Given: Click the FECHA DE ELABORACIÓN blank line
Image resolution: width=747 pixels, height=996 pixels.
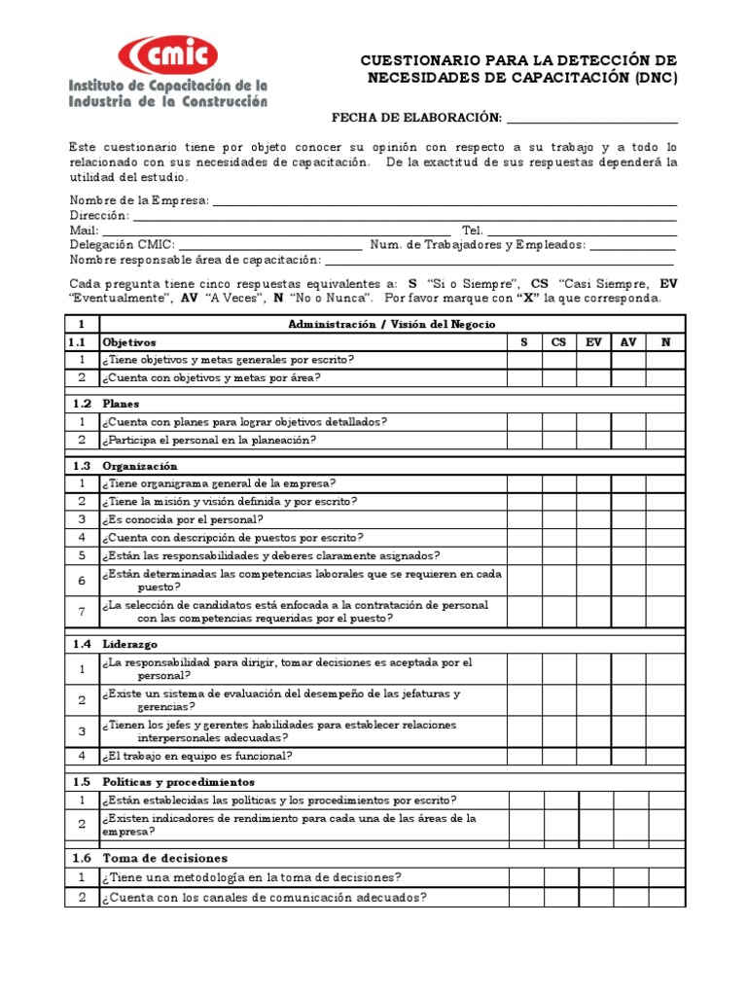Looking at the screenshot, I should [x=591, y=119].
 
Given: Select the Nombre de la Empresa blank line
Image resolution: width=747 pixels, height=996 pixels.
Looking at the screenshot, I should [x=444, y=200].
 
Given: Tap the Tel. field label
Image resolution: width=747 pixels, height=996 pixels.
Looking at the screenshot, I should [x=473, y=231].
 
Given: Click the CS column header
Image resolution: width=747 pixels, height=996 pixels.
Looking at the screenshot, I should [x=559, y=342].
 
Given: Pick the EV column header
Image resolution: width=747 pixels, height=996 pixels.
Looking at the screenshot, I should [x=593, y=342].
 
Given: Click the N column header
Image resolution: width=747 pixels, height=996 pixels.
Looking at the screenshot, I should [x=665, y=342].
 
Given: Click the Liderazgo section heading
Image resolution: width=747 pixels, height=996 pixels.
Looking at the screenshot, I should [x=129, y=644].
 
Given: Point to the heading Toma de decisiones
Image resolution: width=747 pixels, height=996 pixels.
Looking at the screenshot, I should [x=164, y=858].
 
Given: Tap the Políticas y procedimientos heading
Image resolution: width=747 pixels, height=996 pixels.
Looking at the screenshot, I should [x=178, y=782].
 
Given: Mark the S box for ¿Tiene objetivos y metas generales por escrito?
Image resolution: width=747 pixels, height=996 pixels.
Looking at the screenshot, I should [x=524, y=360].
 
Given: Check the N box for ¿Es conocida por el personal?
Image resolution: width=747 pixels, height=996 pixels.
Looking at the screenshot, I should [x=665, y=519].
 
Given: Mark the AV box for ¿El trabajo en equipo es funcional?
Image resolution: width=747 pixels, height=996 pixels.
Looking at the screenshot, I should [x=628, y=756].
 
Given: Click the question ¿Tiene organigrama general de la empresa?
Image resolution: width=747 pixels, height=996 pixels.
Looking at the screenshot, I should [x=220, y=483].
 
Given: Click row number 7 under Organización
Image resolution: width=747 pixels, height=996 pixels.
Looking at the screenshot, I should [x=83, y=612].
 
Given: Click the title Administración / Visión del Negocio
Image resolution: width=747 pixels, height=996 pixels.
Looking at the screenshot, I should [x=392, y=324].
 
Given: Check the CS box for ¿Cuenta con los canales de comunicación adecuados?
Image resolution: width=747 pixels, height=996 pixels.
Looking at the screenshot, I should [x=559, y=898].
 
